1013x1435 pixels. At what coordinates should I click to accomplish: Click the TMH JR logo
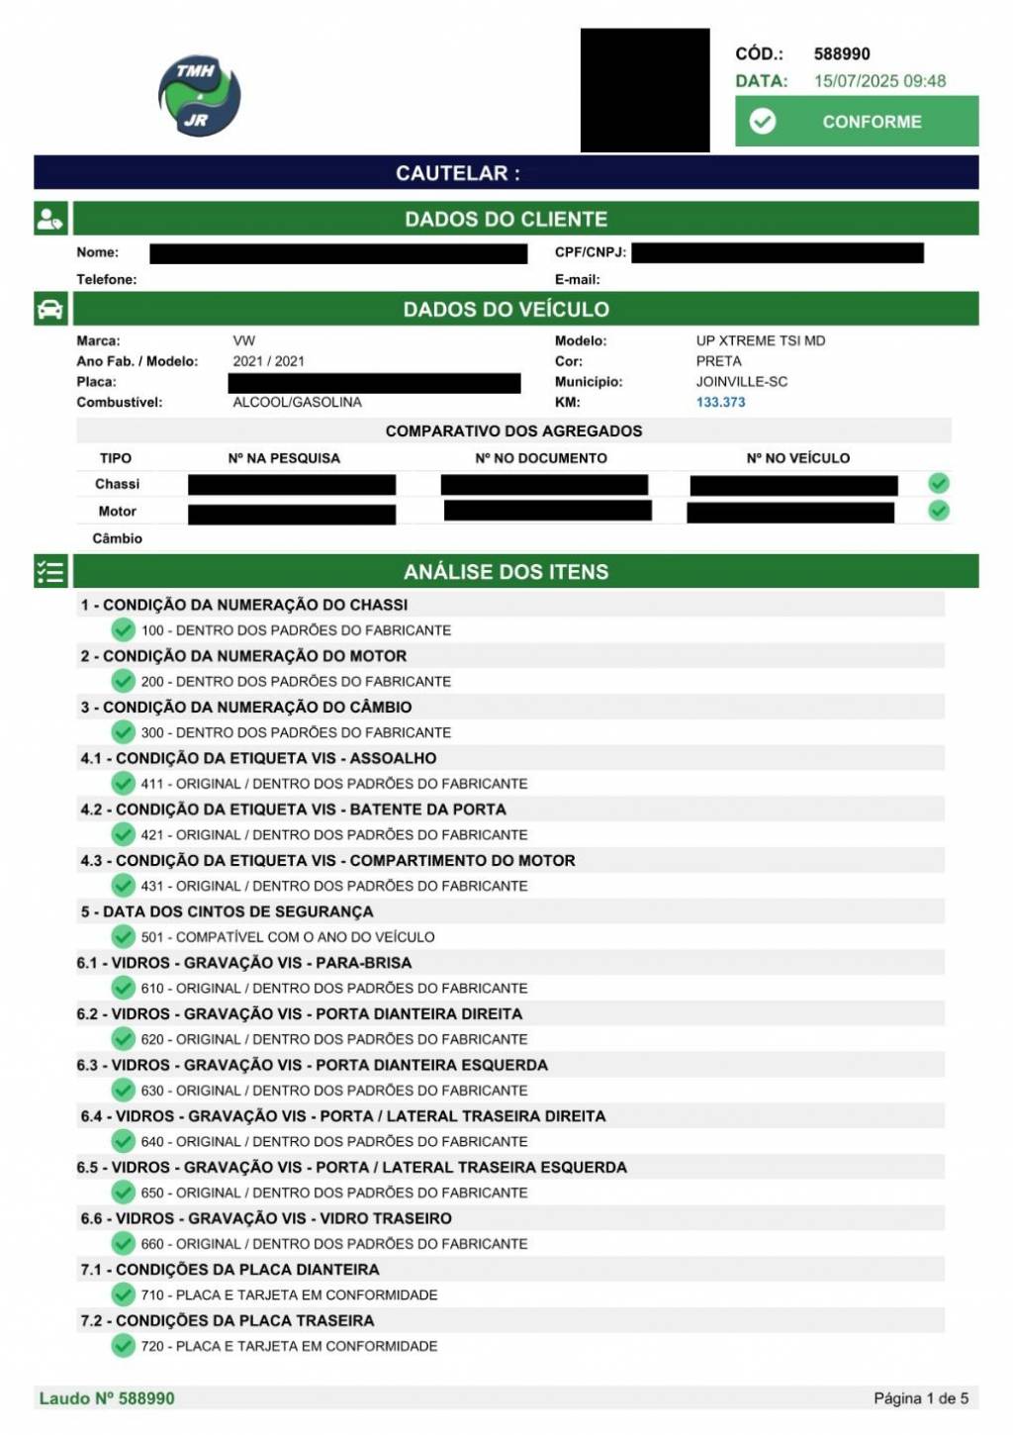pos(199,96)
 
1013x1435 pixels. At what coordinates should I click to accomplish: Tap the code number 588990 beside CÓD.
pos(842,54)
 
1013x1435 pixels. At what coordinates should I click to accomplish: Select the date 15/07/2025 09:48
pos(879,81)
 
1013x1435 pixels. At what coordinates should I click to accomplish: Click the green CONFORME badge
pos(857,122)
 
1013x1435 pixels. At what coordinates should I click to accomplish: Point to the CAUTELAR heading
pos(457,173)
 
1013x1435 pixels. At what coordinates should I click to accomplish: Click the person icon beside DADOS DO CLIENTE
pos(50,219)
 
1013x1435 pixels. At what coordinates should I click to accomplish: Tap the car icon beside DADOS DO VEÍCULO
pos(50,309)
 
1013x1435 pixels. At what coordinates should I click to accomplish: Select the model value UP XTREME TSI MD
pos(760,340)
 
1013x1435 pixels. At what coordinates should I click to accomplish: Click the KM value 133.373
pos(720,402)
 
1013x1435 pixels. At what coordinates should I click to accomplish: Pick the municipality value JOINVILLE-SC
pos(741,381)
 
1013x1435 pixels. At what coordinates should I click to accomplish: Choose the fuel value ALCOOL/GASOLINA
pos(297,402)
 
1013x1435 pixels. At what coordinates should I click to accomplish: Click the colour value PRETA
pos(718,361)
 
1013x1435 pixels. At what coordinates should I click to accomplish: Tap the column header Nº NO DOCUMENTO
pos(541,458)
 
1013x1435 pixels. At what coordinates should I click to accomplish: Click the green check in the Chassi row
pos(939,483)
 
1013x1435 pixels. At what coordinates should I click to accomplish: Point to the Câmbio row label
pos(117,538)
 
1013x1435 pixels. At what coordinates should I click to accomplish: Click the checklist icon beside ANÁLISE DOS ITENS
pos(50,572)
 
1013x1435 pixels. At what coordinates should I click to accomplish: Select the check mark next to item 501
pos(123,936)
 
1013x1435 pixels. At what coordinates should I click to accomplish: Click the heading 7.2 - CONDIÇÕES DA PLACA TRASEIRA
pos(227,1320)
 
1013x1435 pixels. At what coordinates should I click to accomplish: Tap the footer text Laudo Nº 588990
pos(107,1398)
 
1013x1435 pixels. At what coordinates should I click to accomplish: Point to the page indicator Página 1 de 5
pos(920,1398)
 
